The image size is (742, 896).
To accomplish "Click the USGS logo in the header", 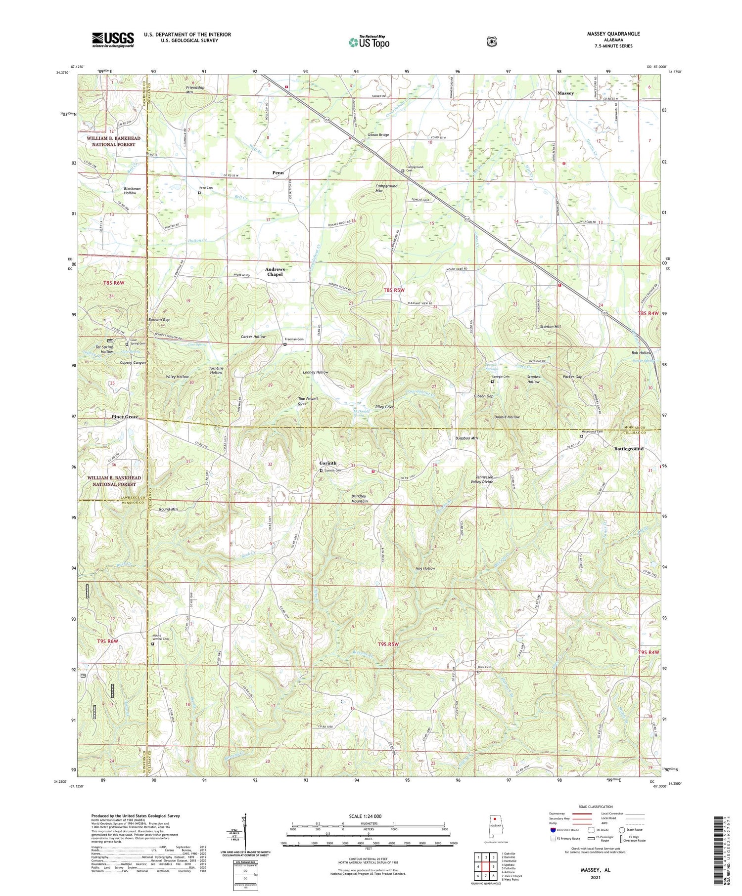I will pos(113,40).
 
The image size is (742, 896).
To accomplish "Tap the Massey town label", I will pos(565,93).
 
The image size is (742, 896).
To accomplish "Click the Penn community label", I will pos(278,172).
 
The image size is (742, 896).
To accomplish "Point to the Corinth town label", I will pos(327,463).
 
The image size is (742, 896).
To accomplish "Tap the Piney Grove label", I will pos(125,417).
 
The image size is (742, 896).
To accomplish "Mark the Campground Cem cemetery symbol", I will pos(403,171).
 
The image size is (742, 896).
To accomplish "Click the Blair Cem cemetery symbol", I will pos(478,672).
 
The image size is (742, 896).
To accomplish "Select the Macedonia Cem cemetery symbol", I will pos(582,436).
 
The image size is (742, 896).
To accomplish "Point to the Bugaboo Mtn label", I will pos(466,438).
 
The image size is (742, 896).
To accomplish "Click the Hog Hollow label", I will pos(425,568).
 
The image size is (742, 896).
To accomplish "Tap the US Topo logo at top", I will pos(369,42).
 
